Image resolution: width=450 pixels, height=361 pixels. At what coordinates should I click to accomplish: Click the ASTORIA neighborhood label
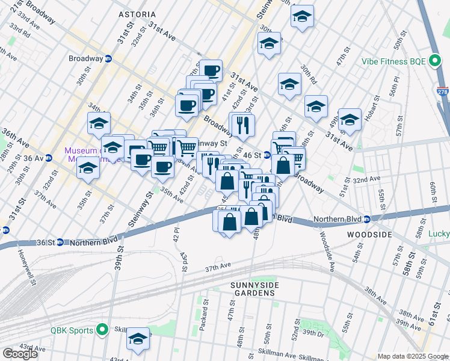pyautogui.click(x=137, y=14)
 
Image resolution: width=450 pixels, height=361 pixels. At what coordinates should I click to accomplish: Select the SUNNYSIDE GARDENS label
pyautogui.click(x=244, y=288)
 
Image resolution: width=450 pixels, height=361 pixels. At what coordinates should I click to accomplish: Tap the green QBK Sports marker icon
pyautogui.click(x=102, y=330)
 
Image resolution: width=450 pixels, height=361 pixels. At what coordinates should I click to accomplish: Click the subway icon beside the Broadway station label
pyautogui.click(x=109, y=59)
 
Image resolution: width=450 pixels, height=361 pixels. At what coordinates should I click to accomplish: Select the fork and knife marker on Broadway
pyautogui.click(x=242, y=125)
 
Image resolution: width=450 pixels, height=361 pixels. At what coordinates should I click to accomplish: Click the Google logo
pyautogui.click(x=20, y=354)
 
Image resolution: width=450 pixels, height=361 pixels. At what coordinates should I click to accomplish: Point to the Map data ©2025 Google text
pyautogui.click(x=412, y=356)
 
